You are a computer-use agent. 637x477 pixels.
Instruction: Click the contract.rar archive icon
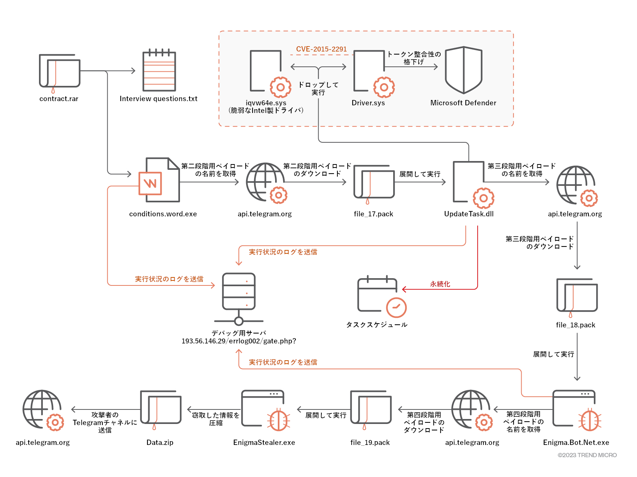point(59,72)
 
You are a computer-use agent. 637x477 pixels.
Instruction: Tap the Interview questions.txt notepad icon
point(159,71)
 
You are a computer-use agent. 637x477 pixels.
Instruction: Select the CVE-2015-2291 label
point(321,49)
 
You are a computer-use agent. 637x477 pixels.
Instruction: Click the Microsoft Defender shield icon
point(464,70)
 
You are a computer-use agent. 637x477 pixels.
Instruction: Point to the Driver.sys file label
point(368,103)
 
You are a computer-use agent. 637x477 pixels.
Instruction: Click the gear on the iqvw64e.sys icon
point(280,87)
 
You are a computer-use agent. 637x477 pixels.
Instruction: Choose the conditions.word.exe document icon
point(159,180)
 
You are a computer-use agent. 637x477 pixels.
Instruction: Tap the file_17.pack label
point(373,214)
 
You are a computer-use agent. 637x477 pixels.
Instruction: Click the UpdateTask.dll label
point(468,214)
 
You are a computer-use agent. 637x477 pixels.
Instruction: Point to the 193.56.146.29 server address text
point(238,341)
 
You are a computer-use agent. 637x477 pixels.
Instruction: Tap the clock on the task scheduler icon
point(396,307)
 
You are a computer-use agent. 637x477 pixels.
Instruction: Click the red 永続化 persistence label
point(440,284)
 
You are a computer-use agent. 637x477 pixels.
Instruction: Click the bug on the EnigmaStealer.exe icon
point(279,420)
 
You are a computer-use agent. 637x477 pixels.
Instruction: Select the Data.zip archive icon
point(160,409)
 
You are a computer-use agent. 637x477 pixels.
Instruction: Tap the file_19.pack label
point(370,443)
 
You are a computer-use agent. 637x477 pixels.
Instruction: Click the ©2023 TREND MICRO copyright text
point(587,455)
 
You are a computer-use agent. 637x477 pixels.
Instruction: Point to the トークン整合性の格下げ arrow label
point(414,58)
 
